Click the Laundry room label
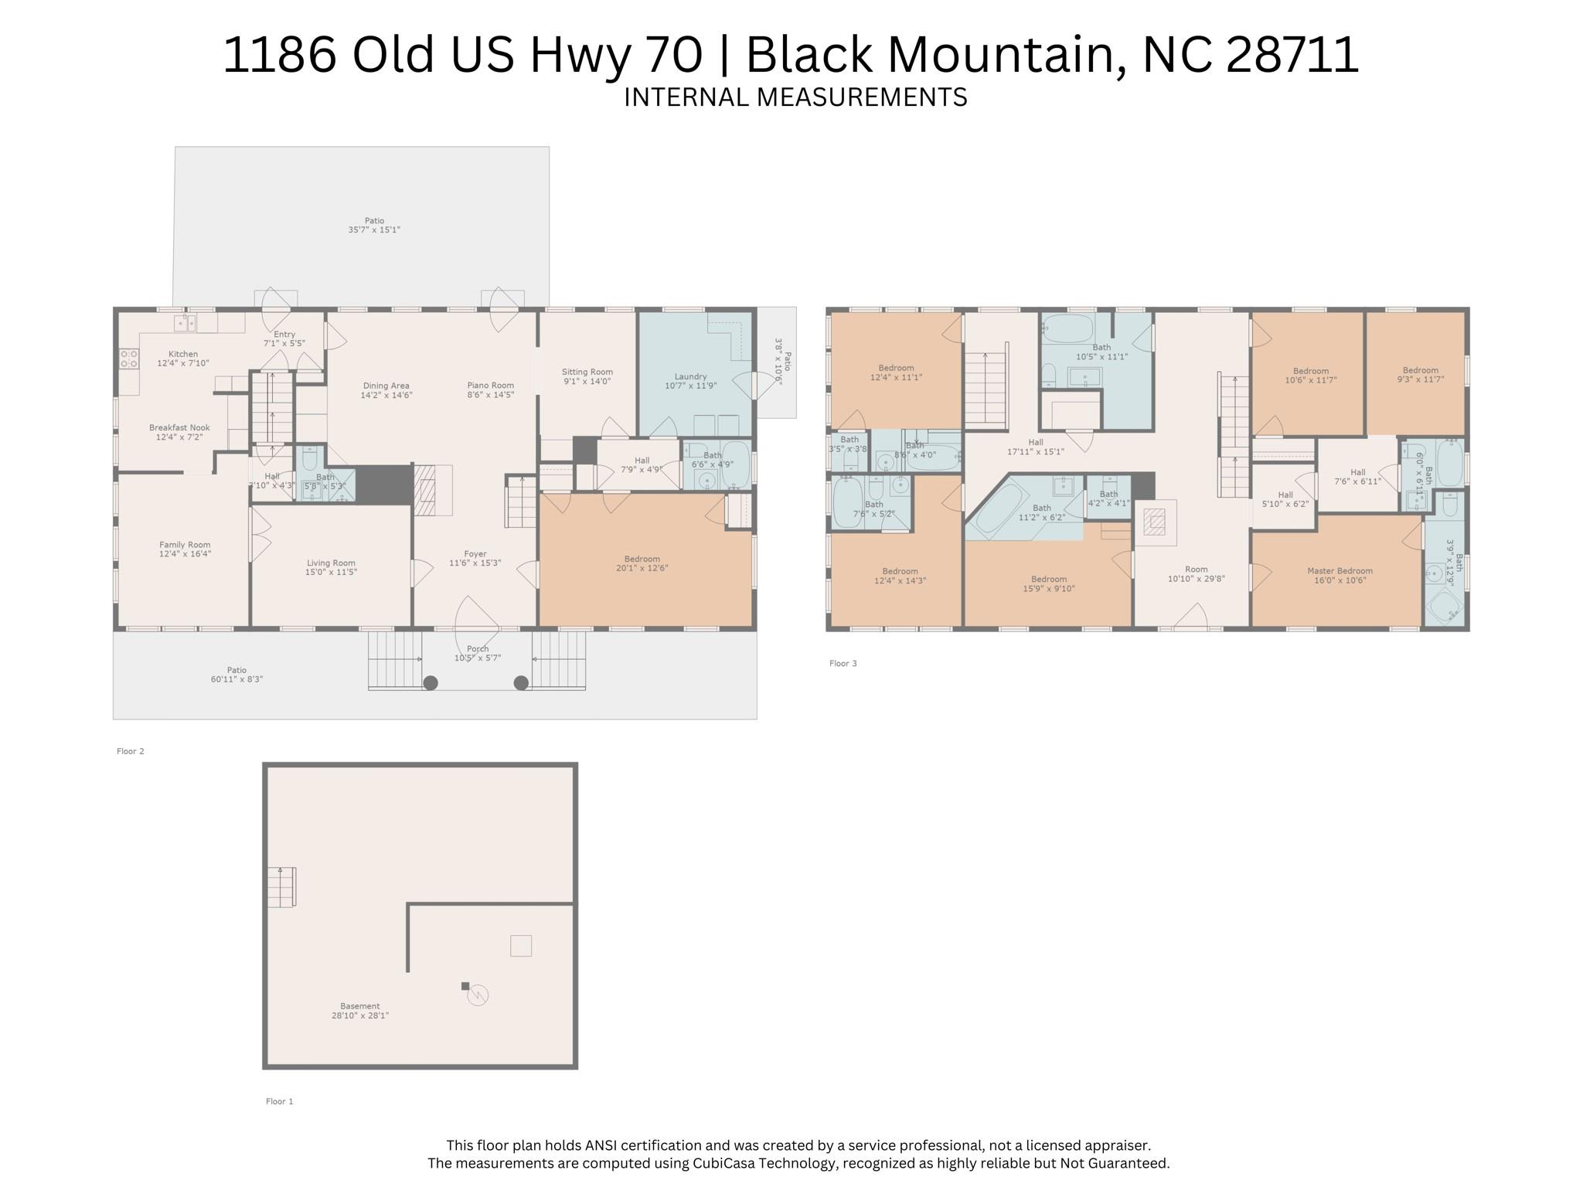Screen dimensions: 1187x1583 tap(690, 376)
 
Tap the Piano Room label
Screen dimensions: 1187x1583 tap(490, 385)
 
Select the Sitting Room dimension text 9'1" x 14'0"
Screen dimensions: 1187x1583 tap(587, 382)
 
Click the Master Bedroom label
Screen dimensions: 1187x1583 tap(1340, 571)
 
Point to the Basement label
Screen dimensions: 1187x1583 tap(359, 1006)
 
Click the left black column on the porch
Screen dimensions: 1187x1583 tap(431, 682)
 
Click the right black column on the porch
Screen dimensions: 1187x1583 tap(521, 682)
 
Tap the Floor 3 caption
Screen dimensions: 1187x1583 tap(843, 663)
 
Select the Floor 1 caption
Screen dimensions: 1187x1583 tap(279, 1101)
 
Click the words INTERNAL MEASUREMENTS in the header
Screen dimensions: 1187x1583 tap(795, 97)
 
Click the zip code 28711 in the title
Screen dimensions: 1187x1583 tap(1292, 55)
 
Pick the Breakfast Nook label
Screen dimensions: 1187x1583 tap(179, 427)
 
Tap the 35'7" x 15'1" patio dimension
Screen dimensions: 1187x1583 tap(374, 230)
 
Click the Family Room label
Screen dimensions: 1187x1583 tap(185, 544)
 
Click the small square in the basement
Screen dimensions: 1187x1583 tap(520, 945)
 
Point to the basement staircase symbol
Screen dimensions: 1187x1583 tap(281, 887)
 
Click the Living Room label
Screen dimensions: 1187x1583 tap(331, 563)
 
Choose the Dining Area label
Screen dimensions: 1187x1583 tap(386, 386)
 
